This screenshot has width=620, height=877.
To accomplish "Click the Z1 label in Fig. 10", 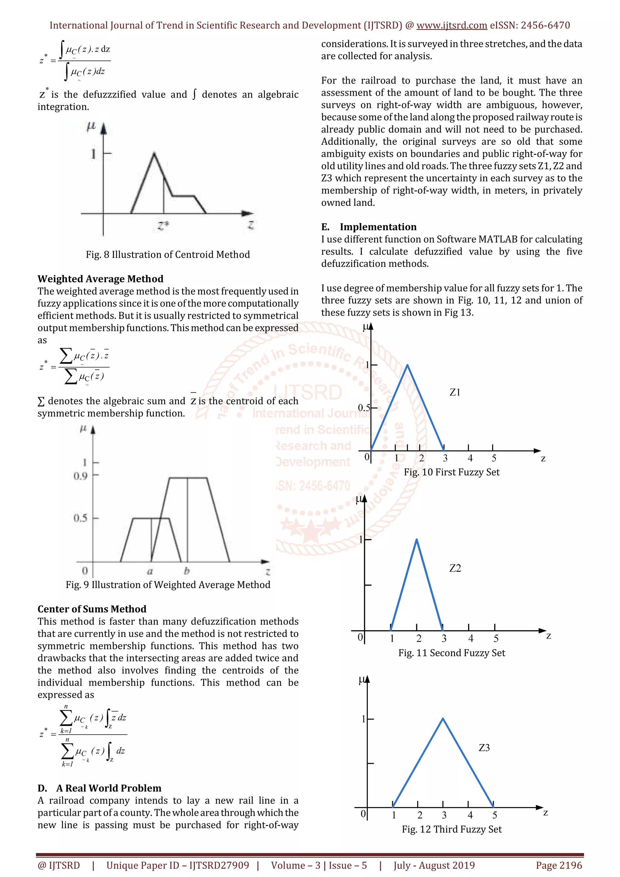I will click(455, 392).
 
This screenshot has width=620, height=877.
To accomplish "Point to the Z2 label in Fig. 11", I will click(455, 568).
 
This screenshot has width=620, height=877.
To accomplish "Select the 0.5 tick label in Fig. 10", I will click(364, 408).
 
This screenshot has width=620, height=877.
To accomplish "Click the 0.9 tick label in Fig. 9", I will click(81, 476).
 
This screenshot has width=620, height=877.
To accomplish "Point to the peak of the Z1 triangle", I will click(407, 365).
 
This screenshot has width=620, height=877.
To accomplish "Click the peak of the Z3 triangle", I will click(443, 719).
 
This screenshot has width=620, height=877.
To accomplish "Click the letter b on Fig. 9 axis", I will click(187, 571).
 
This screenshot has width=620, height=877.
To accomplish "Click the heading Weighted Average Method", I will click(101, 279).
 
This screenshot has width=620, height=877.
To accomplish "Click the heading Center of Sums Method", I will click(92, 609).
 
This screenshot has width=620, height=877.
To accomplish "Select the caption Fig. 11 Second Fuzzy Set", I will click(452, 653).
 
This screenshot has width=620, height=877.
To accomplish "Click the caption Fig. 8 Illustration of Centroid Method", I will click(168, 255).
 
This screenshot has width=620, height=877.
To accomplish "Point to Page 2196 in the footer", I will click(559, 865).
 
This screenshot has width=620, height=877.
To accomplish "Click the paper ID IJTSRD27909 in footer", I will click(219, 865).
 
